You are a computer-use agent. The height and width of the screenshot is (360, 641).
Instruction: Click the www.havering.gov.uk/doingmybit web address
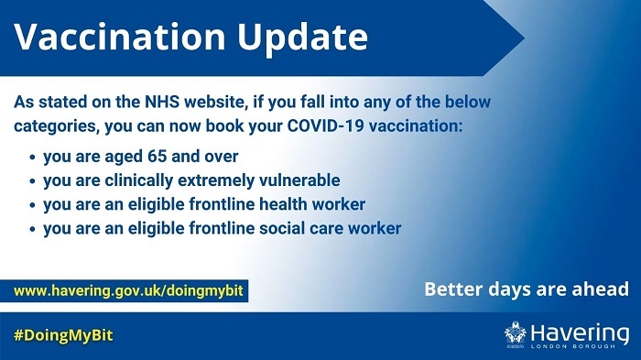[128, 290]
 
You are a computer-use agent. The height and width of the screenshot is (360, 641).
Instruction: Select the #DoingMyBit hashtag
[63, 336]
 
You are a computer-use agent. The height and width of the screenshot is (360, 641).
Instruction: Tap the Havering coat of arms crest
[516, 334]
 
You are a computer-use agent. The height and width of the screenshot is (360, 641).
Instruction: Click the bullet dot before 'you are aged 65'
[32, 158]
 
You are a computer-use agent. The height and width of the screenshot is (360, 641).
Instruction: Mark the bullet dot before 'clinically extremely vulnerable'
[32, 181]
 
